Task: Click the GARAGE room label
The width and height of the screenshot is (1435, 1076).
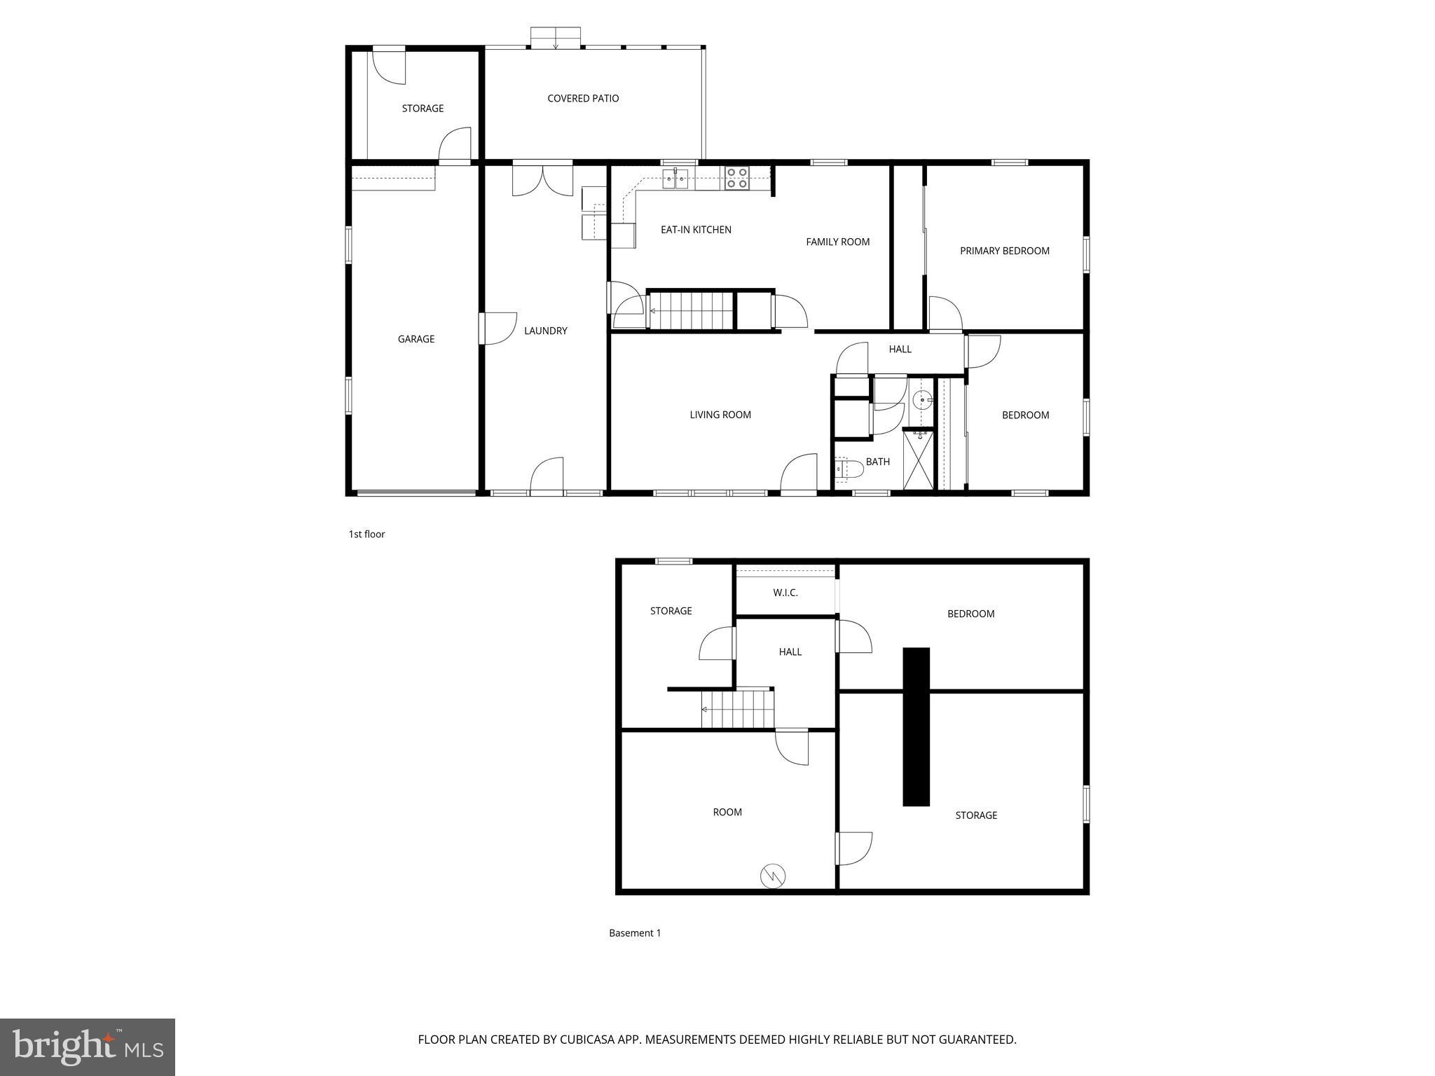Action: click(416, 339)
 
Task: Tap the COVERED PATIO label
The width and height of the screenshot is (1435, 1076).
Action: click(583, 99)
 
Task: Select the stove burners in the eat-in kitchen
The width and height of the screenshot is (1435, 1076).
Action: click(736, 178)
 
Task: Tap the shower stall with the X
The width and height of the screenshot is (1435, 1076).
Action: click(919, 460)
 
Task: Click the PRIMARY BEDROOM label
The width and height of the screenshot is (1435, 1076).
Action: click(1004, 251)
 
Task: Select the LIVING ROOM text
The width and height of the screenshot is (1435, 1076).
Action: click(720, 415)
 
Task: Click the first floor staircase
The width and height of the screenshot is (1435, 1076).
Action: click(691, 310)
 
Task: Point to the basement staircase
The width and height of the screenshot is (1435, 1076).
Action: click(737, 709)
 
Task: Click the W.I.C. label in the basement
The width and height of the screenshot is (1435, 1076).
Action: click(785, 593)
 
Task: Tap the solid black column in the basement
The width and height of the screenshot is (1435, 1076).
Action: click(916, 726)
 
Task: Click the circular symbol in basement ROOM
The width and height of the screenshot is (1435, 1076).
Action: click(773, 876)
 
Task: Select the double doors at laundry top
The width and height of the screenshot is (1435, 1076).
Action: click(542, 180)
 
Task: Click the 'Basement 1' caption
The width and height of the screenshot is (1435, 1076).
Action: click(634, 933)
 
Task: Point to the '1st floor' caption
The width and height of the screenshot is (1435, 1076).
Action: click(366, 534)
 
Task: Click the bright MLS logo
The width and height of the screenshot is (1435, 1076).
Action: click(88, 1047)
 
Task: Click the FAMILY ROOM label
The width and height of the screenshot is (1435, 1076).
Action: click(837, 242)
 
